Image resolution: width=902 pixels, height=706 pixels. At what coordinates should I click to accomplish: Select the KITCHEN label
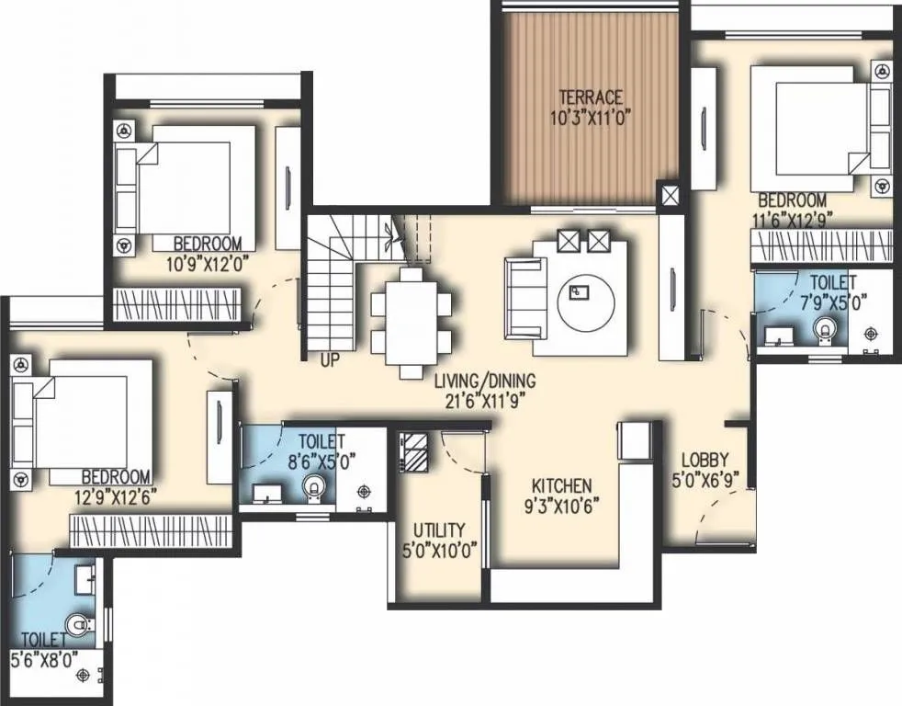click(x=562, y=485)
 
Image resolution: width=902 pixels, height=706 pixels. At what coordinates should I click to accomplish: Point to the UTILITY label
click(x=438, y=530)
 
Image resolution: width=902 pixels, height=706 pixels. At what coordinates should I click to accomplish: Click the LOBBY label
click(x=705, y=461)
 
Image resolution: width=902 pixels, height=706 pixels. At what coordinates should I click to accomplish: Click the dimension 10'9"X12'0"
click(x=208, y=262)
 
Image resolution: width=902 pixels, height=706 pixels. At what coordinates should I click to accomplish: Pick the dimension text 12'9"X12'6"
click(x=116, y=495)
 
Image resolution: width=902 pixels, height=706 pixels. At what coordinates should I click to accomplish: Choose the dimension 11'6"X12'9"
click(x=791, y=220)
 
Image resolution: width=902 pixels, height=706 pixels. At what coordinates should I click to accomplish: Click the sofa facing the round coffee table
click(x=524, y=297)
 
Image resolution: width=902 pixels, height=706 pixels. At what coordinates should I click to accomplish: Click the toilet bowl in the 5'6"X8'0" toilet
click(x=81, y=627)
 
